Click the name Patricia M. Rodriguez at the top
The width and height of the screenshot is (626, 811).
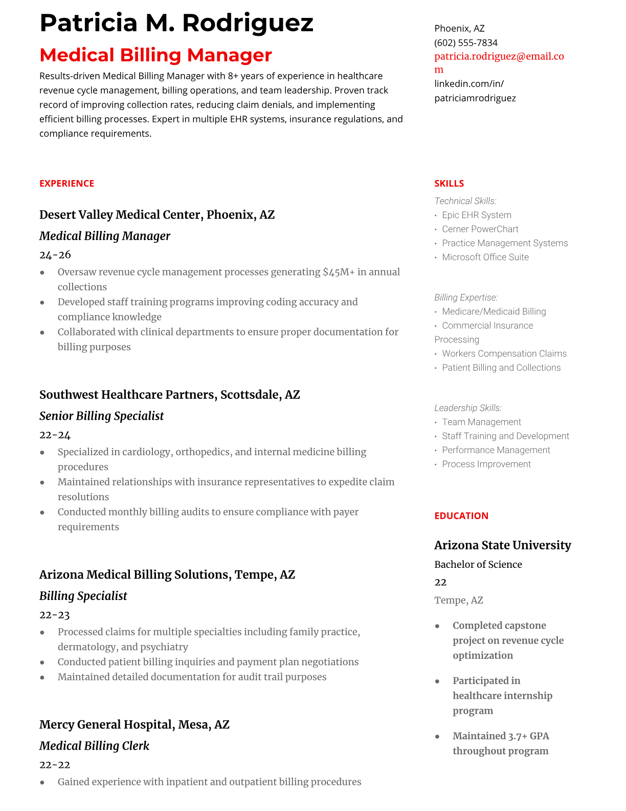(x=176, y=23)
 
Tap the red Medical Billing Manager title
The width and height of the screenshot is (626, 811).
(x=155, y=55)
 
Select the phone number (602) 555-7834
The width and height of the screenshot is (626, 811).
(x=465, y=42)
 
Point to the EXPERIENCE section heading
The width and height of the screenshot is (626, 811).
(x=66, y=183)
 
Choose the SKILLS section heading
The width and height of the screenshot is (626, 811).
(x=449, y=183)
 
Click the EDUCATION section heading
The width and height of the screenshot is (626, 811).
(x=461, y=516)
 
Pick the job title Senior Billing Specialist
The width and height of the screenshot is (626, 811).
(x=101, y=416)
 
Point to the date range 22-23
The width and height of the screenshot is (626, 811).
(x=54, y=614)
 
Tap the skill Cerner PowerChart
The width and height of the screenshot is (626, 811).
(x=480, y=229)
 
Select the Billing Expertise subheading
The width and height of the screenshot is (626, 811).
(x=465, y=297)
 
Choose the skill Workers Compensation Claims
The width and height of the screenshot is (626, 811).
(x=504, y=353)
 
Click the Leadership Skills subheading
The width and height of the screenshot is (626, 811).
(x=467, y=408)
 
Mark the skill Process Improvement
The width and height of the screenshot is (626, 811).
(x=486, y=464)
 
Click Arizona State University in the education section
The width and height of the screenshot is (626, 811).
(x=502, y=545)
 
